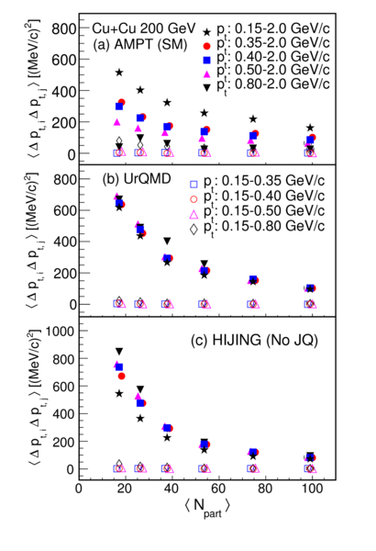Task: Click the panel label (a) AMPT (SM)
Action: coord(139,45)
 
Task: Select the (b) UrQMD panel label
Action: coord(137,179)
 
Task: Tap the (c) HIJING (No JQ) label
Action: coord(254,340)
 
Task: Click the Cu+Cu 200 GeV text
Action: coord(144,28)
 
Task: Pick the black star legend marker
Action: coord(206,32)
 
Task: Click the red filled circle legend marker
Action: coord(206,46)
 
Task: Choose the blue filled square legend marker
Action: coord(206,60)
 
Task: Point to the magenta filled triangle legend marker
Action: coord(206,73)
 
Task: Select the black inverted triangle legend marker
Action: coord(206,88)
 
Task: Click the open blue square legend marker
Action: coord(194,185)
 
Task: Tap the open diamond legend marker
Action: coord(194,230)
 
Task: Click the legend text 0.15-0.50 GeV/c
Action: coord(273,211)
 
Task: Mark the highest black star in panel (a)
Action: coord(119,73)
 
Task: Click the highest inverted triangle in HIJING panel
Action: coord(119,352)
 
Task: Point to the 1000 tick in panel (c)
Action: coord(60,331)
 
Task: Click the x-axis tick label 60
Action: coord(218,489)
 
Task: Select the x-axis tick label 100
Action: coord(312,489)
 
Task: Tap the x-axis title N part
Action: coord(207,507)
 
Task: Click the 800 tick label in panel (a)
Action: coord(63,28)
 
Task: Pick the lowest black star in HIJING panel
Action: coord(310,458)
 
